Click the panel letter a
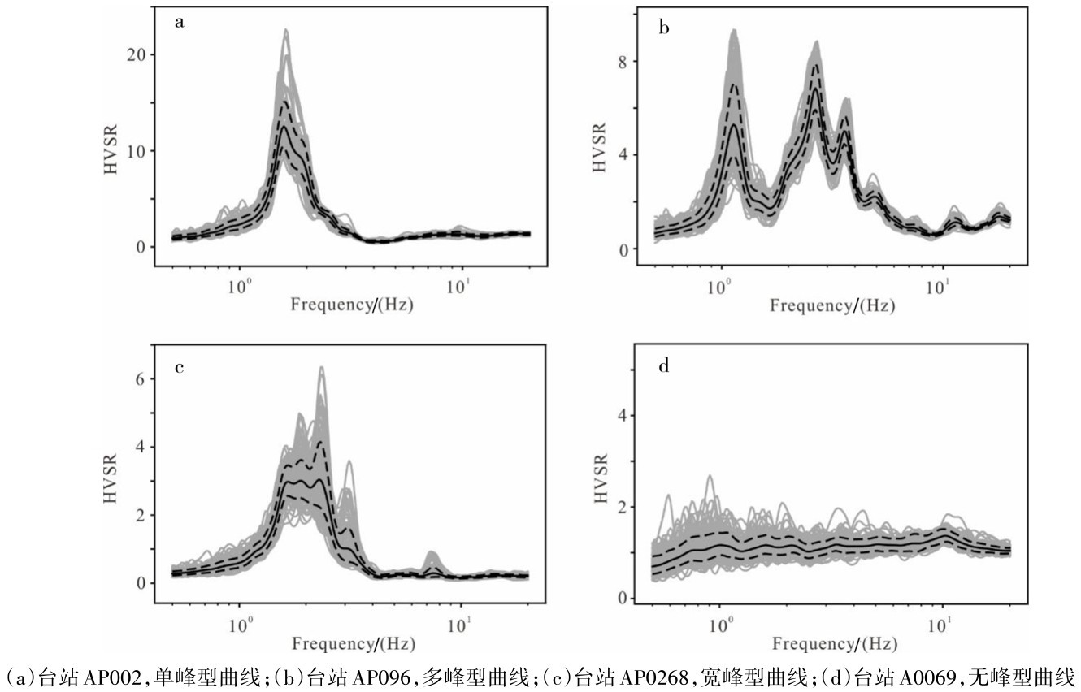[180, 22]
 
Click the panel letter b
[664, 29]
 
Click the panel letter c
[180, 367]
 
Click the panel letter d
[664, 367]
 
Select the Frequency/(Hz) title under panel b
[832, 306]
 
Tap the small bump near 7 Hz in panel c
[432, 556]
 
